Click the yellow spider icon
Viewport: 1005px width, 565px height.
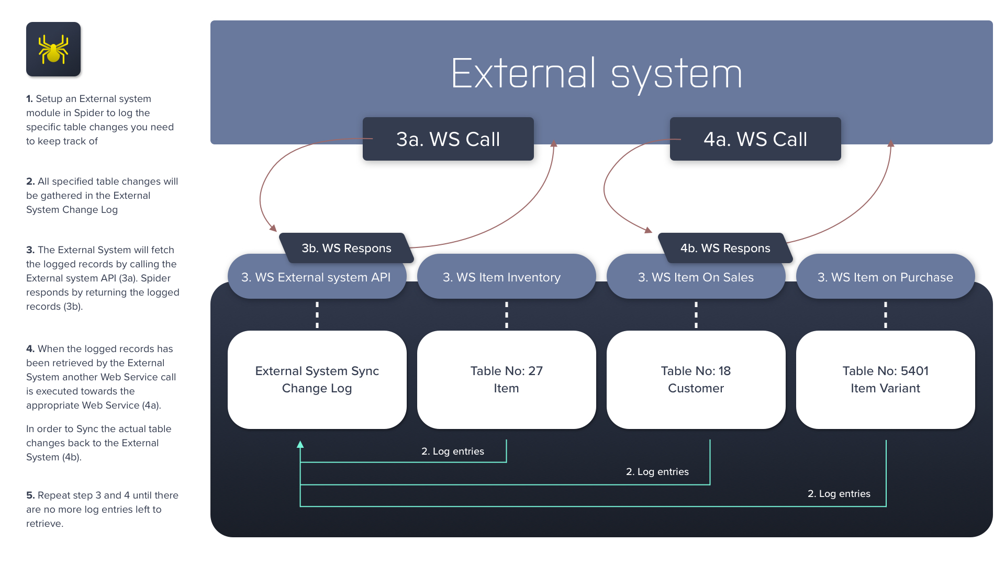[53, 49]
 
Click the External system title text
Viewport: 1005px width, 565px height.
[596, 74]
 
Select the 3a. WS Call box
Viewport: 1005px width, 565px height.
[448, 139]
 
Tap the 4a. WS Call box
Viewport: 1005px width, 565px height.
[755, 139]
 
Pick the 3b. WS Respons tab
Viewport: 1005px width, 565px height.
[346, 248]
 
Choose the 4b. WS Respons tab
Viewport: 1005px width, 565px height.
[725, 248]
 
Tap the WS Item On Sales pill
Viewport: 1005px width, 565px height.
[696, 278]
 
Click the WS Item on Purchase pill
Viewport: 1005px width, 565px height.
[885, 278]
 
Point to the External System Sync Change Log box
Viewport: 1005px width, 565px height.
[317, 379]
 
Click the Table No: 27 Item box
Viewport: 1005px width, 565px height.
[506, 379]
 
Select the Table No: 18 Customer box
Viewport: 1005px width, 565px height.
[696, 379]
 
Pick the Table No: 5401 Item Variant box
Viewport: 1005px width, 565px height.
[885, 379]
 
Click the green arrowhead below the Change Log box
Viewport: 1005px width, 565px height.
[300, 445]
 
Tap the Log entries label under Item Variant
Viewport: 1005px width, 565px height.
[839, 494]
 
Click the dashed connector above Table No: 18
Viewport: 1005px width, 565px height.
[696, 315]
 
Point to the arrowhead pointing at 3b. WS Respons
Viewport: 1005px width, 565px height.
[273, 228]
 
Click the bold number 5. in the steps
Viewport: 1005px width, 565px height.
[30, 495]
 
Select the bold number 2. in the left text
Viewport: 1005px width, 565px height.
[30, 182]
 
